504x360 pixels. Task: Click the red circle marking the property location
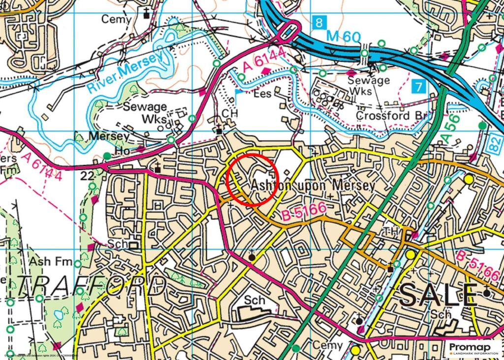pyautogui.click(x=253, y=179)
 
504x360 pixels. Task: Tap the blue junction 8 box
pyautogui.click(x=319, y=22)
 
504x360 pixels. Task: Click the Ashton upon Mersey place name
pyautogui.click(x=313, y=186)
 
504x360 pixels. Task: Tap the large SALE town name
pyautogui.click(x=438, y=295)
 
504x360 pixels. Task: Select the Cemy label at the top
pyautogui.click(x=117, y=19)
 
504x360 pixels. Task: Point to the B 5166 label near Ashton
pyautogui.click(x=305, y=211)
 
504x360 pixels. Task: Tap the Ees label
pyautogui.click(x=262, y=94)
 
